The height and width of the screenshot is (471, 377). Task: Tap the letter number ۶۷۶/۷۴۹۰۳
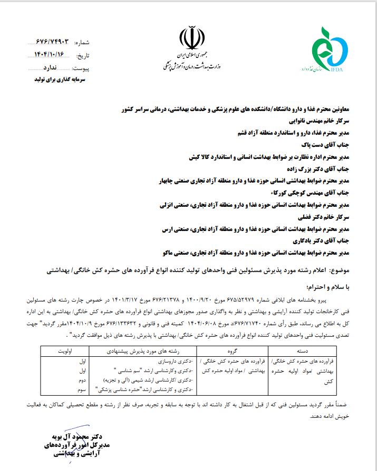52,41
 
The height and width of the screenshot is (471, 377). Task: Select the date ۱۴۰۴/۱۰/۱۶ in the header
51,54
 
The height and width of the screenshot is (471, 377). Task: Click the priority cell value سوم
82,389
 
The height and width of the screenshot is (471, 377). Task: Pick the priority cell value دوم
82,380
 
